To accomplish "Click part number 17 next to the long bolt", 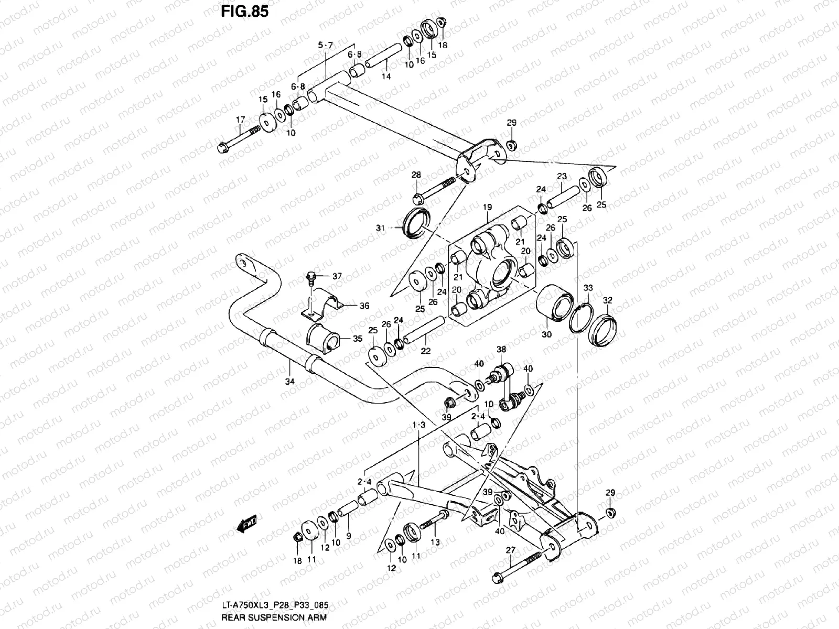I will pos(240,120).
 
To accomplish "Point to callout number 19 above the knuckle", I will pos(487,208).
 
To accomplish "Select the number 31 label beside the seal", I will pos(395,228).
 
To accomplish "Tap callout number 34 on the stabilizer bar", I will pos(289,382).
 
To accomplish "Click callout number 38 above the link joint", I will pos(501,349).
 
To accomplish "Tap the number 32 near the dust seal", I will pos(607,300).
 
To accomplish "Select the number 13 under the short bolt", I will pos(435,543).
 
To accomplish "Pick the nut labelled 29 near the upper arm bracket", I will pos(512,145).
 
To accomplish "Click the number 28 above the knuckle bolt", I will pos(416,175).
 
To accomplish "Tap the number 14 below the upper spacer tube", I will pos(386,77).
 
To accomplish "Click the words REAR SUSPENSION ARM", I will pos(274,617).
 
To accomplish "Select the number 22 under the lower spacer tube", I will pos(425,351).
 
